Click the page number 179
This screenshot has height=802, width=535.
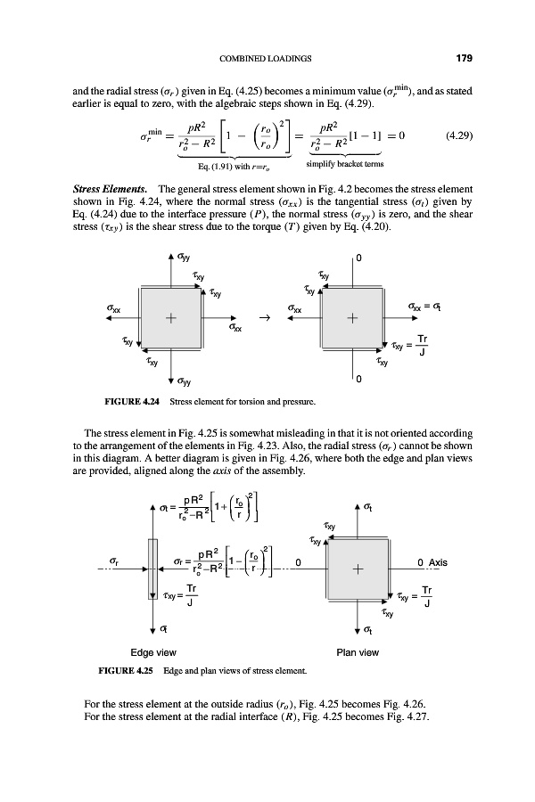pos(463,60)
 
